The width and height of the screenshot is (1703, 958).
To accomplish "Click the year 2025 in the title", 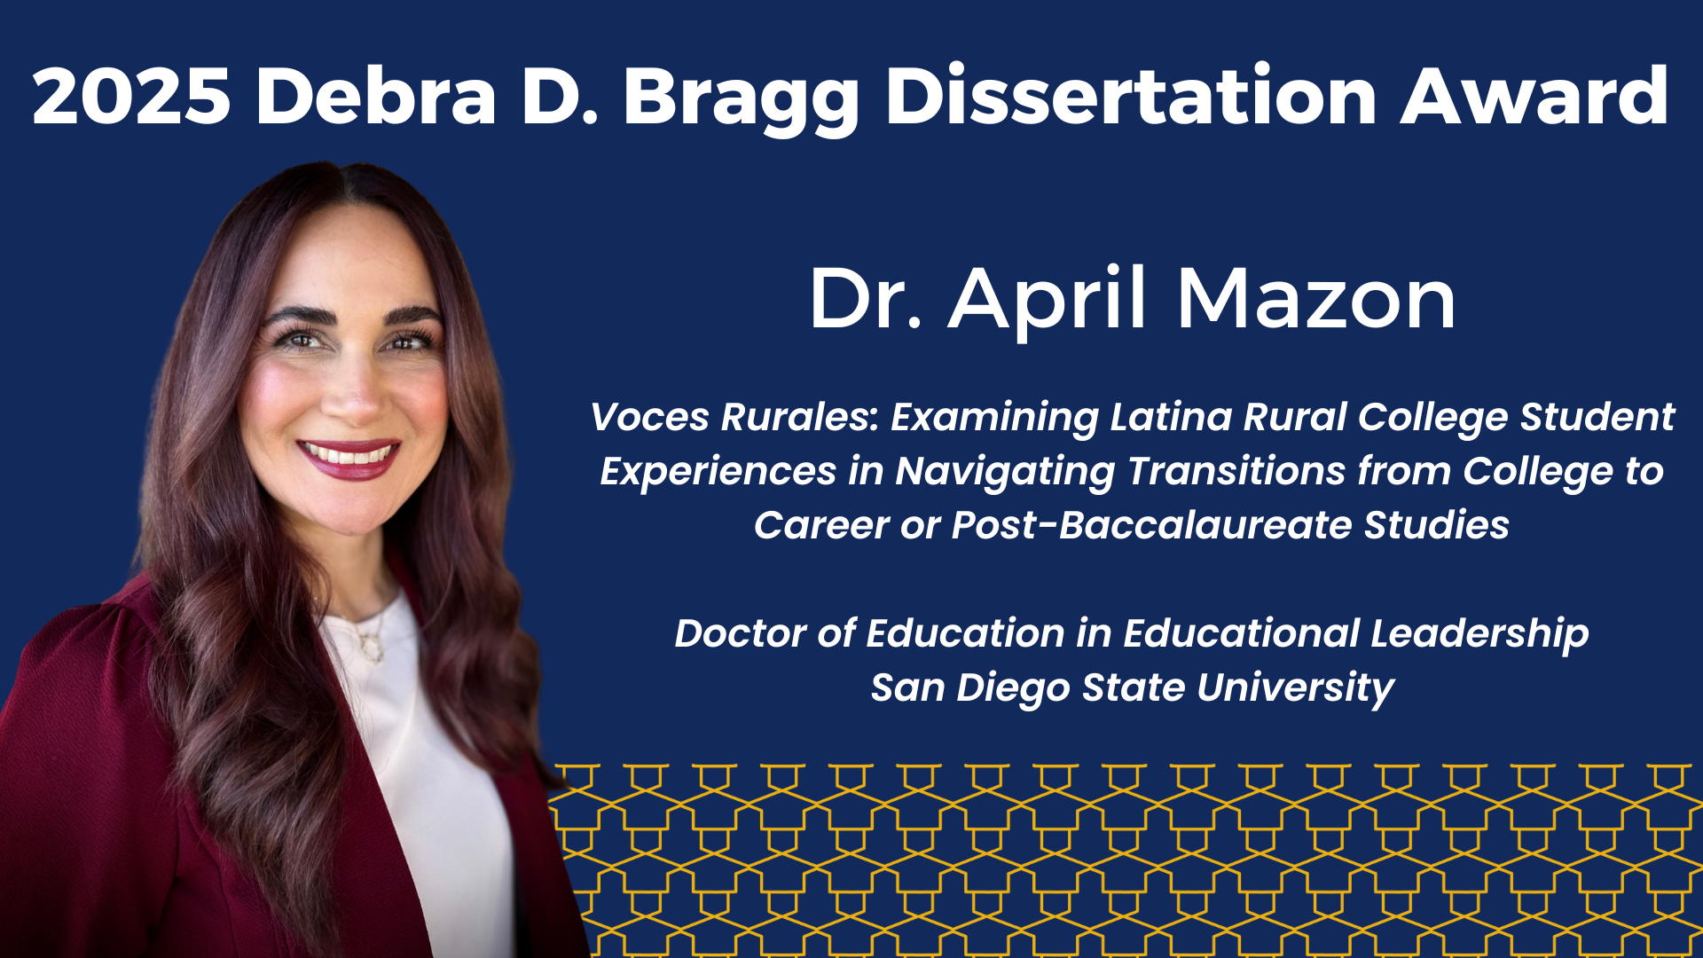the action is (x=132, y=96).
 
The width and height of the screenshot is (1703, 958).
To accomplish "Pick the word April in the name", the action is (x=1049, y=302).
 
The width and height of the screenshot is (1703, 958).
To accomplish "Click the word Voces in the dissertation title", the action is (x=650, y=417).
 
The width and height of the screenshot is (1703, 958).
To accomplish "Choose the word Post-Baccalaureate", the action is (x=1152, y=525).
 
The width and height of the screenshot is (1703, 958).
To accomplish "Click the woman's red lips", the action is (x=348, y=458).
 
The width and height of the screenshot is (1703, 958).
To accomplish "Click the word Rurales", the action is (x=800, y=417).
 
